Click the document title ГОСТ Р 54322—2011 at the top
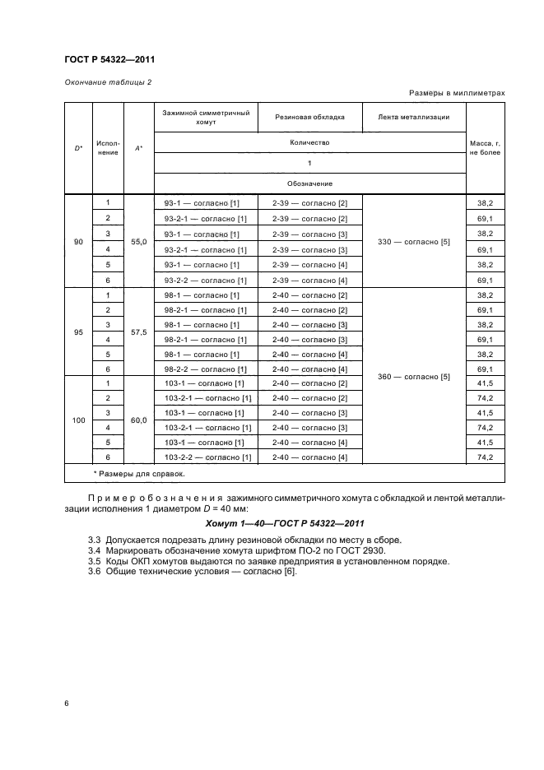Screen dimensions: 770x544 [109, 59]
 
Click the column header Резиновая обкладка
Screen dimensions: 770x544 [309, 118]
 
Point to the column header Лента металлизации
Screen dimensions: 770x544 [413, 118]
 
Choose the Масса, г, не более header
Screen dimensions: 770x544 [485, 148]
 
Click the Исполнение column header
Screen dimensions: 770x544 [108, 148]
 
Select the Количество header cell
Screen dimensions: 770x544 [309, 142]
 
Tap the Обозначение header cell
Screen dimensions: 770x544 [309, 183]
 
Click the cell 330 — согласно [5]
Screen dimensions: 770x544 [413, 242]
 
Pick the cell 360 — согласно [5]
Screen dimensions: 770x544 [413, 377]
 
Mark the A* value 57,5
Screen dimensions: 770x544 [138, 332]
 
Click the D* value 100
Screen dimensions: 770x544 [78, 420]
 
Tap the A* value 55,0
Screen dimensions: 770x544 [138, 242]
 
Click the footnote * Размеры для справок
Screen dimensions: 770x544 [138, 474]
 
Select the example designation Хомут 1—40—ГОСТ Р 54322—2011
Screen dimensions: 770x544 [284, 523]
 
